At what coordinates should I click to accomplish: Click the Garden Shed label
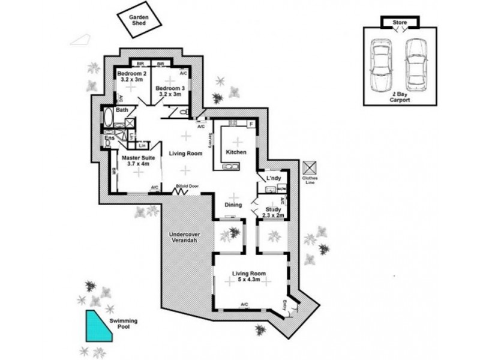139,20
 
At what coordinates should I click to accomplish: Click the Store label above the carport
400,22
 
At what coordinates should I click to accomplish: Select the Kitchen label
236,152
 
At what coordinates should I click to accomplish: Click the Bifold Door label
188,186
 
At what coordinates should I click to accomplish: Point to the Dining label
233,205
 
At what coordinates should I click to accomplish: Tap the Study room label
274,210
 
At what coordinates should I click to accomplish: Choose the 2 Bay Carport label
400,97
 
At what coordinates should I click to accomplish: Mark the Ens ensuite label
109,139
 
